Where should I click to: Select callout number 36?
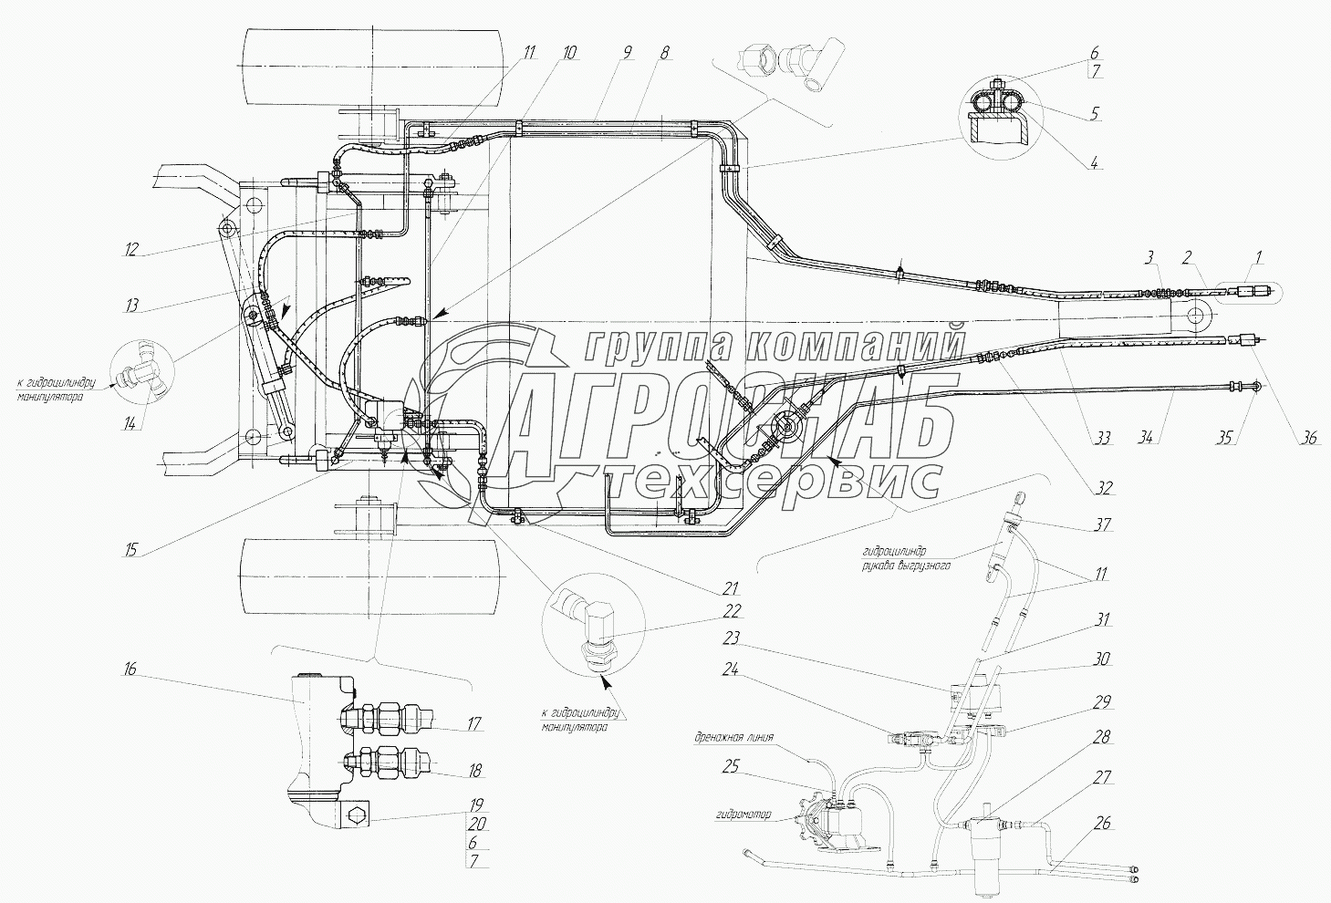(1309, 439)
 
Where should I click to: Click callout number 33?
(1103, 440)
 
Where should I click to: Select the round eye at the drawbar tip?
(1195, 317)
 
